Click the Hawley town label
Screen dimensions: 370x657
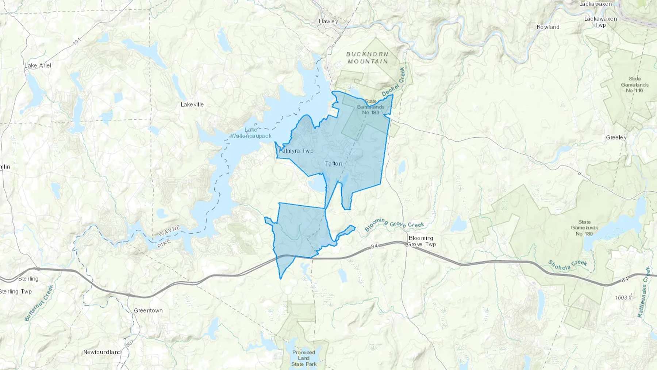pyautogui.click(x=328, y=22)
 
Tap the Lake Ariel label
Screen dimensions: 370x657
pyautogui.click(x=38, y=66)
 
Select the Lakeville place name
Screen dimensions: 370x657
pyautogui.click(x=192, y=105)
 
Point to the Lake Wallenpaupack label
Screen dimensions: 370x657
pyautogui.click(x=251, y=133)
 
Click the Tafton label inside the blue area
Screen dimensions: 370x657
pyautogui.click(x=334, y=164)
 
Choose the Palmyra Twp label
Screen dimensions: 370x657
pyautogui.click(x=296, y=151)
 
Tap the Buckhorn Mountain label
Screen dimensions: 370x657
pyautogui.click(x=368, y=58)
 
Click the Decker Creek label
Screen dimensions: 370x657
pyautogui.click(x=393, y=82)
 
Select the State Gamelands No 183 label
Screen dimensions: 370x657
pyautogui.click(x=370, y=107)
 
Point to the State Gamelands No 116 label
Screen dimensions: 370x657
pyautogui.click(x=635, y=84)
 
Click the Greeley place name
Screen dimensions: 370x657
pyautogui.click(x=616, y=138)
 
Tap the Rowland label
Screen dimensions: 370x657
pyautogui.click(x=548, y=27)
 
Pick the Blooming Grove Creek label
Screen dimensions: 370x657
pyautogui.click(x=395, y=224)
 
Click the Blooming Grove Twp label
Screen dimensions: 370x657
pyautogui.click(x=421, y=241)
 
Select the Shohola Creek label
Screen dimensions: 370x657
pyautogui.click(x=568, y=266)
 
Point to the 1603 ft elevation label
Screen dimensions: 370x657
pyautogui.click(x=623, y=298)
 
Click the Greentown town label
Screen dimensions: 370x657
pyautogui.click(x=148, y=311)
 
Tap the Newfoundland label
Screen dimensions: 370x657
pyautogui.click(x=102, y=352)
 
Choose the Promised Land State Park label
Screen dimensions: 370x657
pyautogui.click(x=304, y=358)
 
